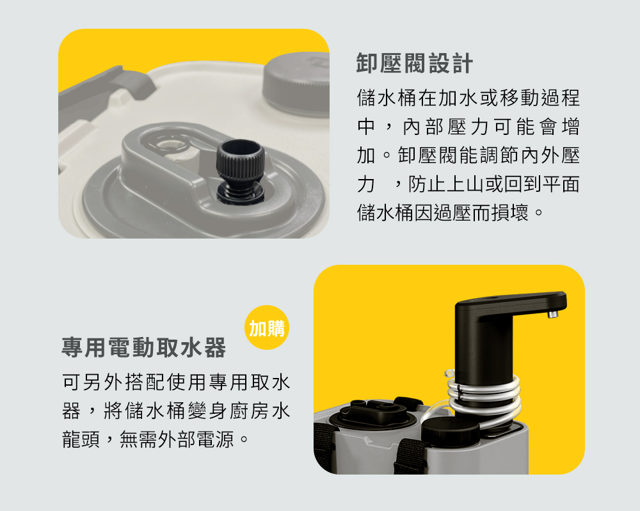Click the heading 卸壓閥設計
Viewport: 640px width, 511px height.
click(x=415, y=63)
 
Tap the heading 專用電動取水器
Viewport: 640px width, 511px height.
click(x=143, y=348)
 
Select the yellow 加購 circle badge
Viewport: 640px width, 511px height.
click(x=267, y=327)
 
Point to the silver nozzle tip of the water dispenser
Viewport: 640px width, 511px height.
click(x=553, y=313)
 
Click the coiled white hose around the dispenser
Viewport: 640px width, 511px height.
click(x=484, y=398)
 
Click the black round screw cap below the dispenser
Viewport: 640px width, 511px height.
click(x=451, y=432)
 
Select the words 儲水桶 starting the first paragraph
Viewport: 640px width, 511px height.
click(x=387, y=98)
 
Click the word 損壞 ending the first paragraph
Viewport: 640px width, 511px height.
click(x=510, y=212)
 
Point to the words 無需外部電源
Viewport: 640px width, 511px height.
click(x=177, y=439)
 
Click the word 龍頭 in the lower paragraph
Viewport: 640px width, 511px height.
click(x=81, y=439)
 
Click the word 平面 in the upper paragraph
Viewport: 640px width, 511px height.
click(x=561, y=184)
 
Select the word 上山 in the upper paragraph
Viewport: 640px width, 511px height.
click(x=465, y=184)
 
